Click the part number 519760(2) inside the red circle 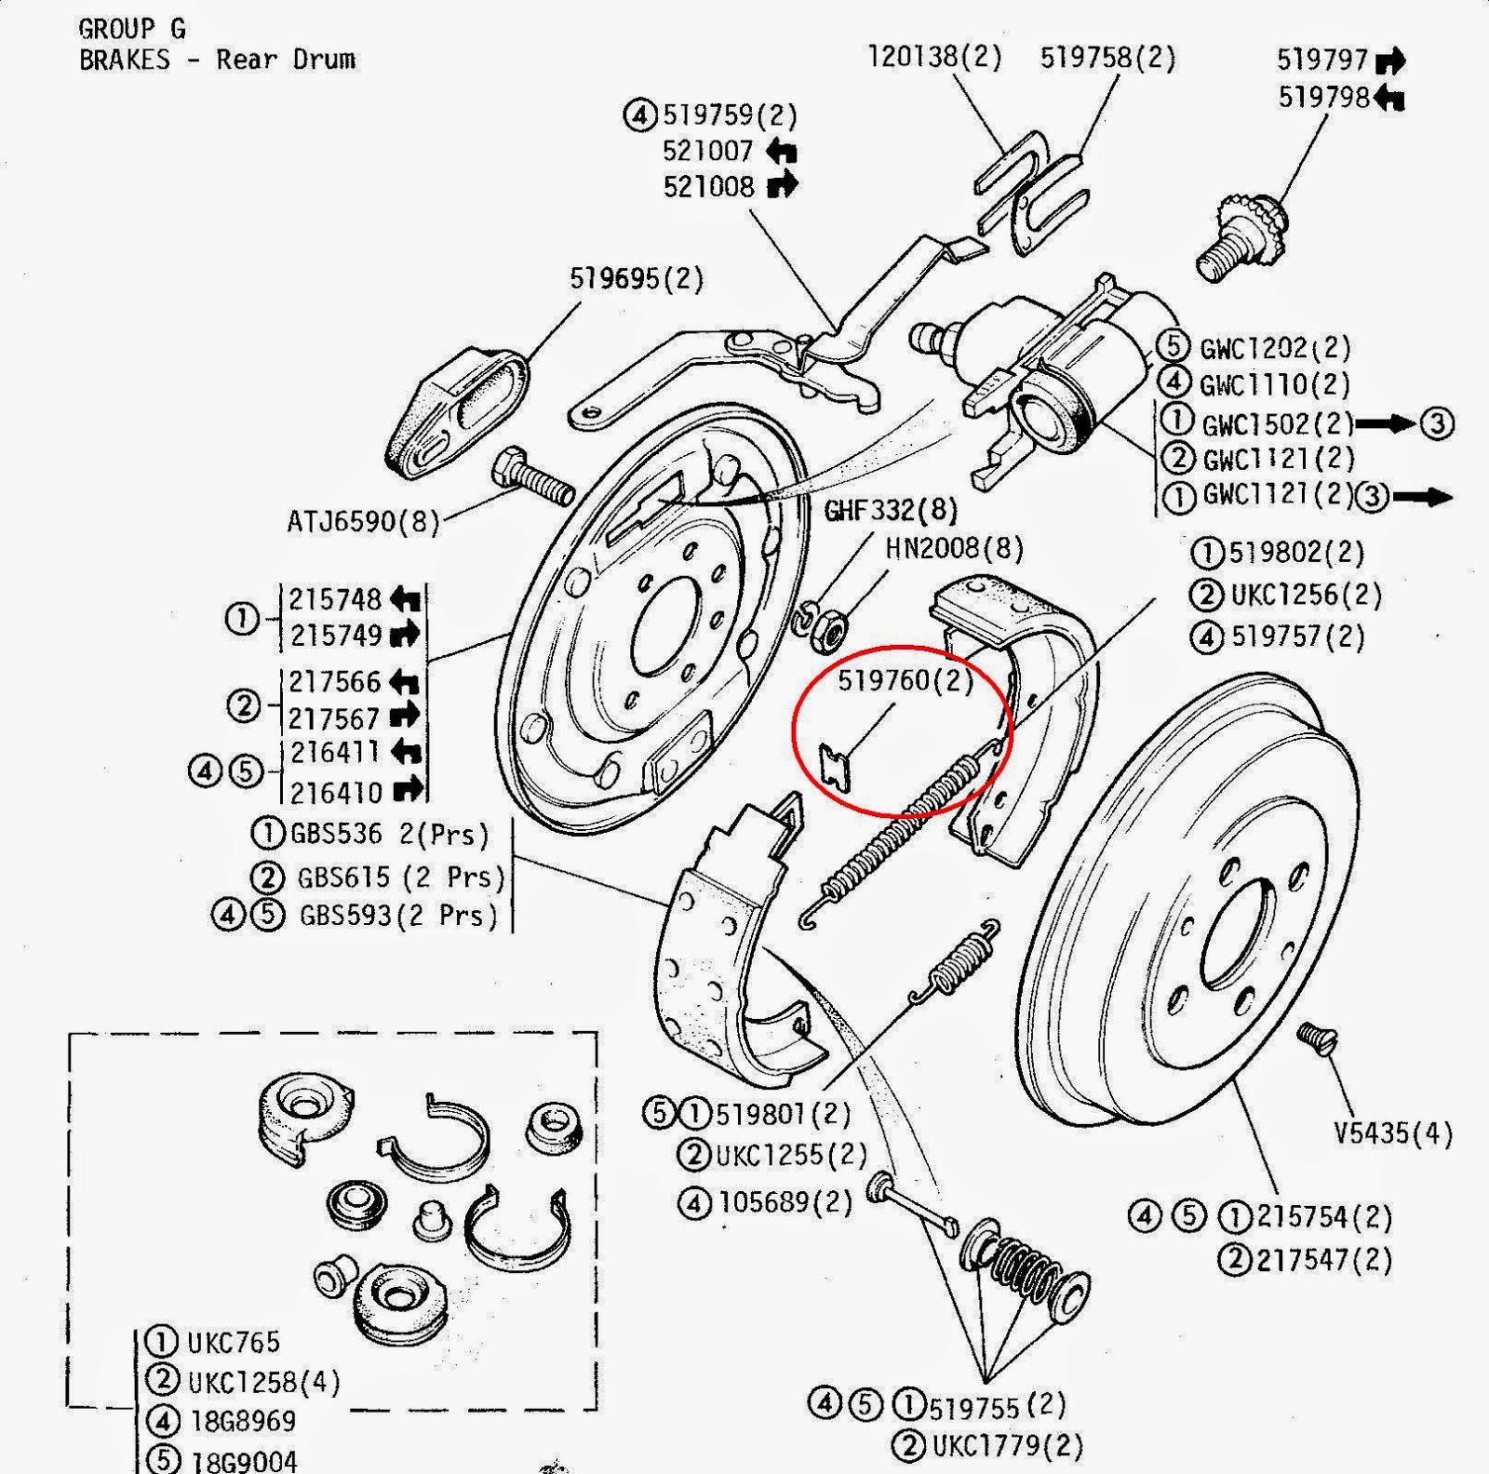(x=905, y=681)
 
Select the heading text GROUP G (x=132, y=29)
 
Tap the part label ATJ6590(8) (x=363, y=521)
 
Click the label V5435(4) (x=1392, y=1133)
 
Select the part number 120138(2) (x=934, y=57)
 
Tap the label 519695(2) (x=637, y=278)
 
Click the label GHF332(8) (x=890, y=510)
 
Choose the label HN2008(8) (x=954, y=548)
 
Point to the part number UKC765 (x=233, y=1342)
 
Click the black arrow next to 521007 (x=781, y=151)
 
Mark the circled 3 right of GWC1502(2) (x=1437, y=424)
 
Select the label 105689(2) (x=785, y=1202)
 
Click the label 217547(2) (x=1323, y=1260)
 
